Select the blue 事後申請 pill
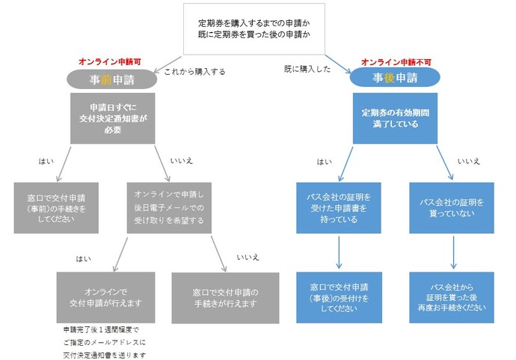click(x=394, y=78)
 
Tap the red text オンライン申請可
click(x=107, y=62)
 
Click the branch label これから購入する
click(x=194, y=72)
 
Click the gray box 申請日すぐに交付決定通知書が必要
click(x=112, y=118)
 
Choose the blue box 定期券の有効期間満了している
click(x=395, y=118)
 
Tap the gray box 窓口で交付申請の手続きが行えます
click(x=224, y=297)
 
